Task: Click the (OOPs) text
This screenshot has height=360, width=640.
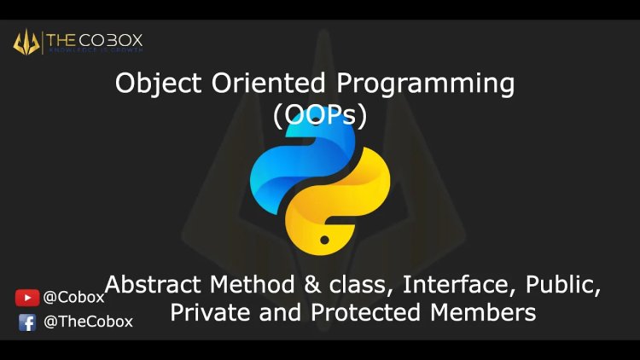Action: pos(320,115)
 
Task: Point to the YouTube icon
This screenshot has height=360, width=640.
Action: pos(27,298)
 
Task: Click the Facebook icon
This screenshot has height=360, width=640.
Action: pos(27,322)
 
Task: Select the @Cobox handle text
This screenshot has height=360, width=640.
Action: pos(73,298)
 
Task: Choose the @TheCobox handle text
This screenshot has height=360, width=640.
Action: pos(88,322)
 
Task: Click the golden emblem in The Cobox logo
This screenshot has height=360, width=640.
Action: pos(26,41)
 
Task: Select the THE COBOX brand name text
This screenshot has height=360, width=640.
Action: pos(95,39)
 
